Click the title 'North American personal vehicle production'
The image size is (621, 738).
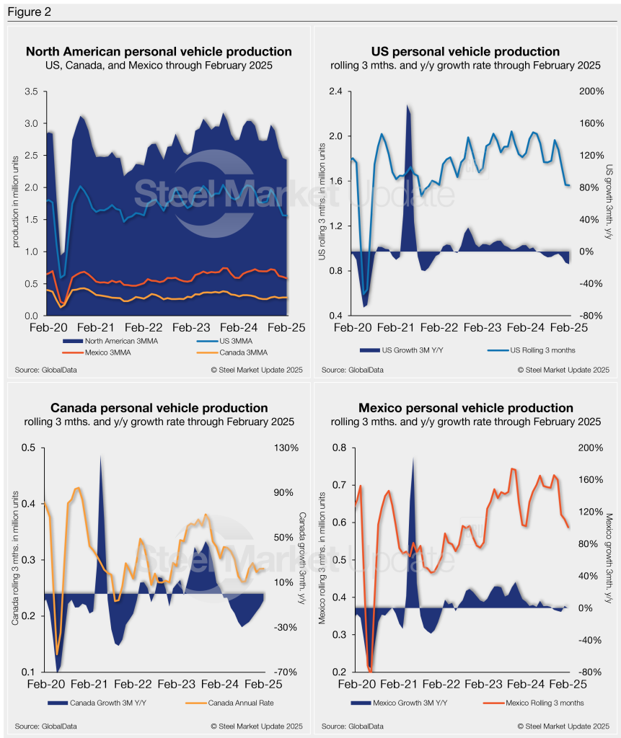(x=159, y=52)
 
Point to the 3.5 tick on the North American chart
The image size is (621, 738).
(x=31, y=92)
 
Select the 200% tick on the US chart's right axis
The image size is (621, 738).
(x=591, y=92)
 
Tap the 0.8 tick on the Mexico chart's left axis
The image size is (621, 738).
(x=338, y=448)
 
